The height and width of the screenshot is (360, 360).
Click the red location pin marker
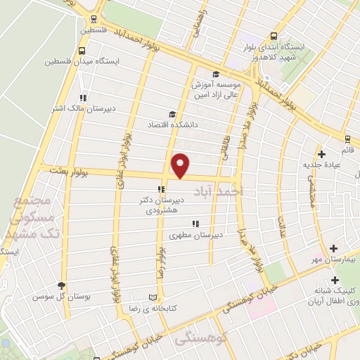[181, 165]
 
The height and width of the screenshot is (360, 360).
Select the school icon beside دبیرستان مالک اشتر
[83, 98]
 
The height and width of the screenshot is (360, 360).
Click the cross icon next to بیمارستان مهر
[333, 249]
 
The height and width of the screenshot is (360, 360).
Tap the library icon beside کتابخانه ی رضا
[153, 297]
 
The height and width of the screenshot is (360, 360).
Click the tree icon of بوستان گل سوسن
[61, 285]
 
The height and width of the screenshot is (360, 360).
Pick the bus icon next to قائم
[347, 138]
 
